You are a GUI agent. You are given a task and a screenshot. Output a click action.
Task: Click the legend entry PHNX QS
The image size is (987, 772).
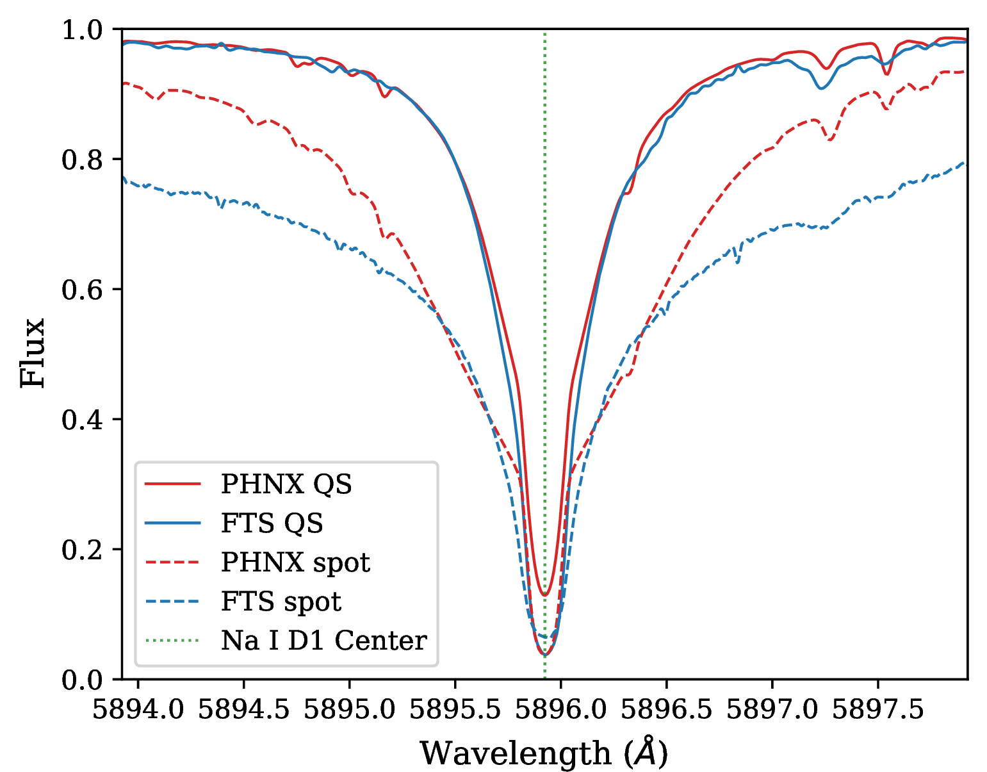point(286,484)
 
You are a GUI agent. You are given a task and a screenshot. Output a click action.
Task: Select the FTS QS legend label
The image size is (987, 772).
point(272,523)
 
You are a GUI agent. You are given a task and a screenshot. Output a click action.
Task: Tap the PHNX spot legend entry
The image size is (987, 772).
point(295,563)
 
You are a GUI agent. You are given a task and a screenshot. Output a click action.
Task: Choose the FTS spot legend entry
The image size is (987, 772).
point(281,602)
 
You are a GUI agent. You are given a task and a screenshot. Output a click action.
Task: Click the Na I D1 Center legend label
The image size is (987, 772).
point(323,641)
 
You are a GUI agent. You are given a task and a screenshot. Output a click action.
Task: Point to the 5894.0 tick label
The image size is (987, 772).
point(138,709)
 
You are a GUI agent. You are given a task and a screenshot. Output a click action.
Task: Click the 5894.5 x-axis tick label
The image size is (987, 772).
point(244,709)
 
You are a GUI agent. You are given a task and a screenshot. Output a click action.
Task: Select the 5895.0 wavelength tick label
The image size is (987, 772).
point(350,709)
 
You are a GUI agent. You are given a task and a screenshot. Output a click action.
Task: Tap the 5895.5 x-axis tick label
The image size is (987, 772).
point(455,709)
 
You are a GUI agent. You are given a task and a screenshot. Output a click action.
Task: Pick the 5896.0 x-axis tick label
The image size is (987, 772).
point(561,709)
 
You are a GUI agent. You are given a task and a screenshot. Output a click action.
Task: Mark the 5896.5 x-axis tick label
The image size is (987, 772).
point(667,709)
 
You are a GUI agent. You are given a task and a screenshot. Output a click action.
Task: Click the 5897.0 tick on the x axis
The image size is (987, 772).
point(772,709)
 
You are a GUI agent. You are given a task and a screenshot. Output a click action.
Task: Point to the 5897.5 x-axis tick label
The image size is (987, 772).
point(878,709)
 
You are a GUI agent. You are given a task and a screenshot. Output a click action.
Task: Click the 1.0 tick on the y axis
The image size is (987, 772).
point(82,30)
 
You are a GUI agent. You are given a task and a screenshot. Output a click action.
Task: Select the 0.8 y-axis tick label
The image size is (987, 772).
point(82,160)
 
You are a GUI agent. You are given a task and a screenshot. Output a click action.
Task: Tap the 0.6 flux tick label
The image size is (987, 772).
point(82,290)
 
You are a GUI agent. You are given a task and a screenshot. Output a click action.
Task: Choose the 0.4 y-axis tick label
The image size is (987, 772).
point(82,420)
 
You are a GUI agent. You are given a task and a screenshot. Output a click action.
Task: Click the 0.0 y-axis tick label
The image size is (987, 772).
point(82,680)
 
